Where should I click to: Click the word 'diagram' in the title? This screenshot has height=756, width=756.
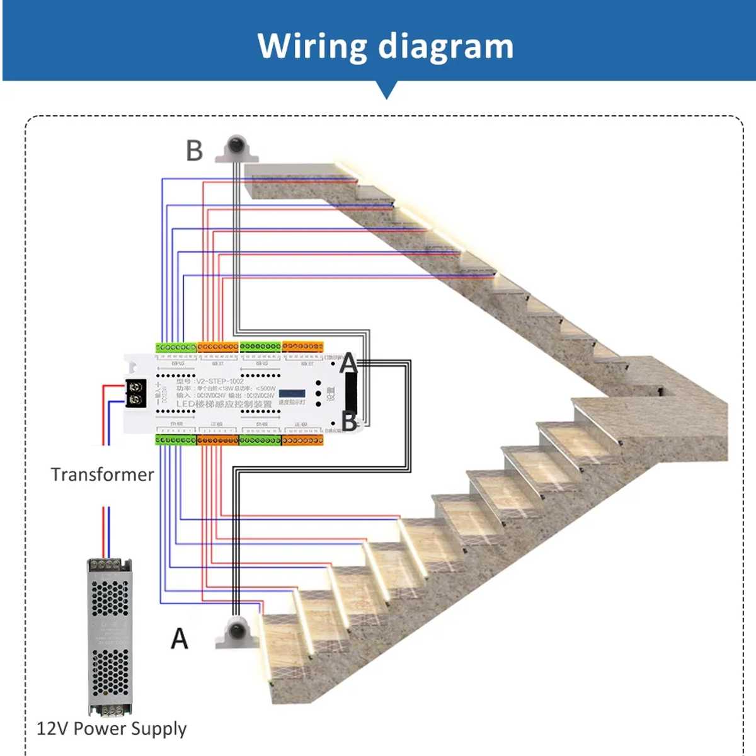(446, 47)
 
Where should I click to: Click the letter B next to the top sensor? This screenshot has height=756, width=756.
(195, 151)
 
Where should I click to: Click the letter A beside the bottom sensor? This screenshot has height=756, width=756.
(180, 639)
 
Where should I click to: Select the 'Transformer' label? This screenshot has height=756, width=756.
(102, 474)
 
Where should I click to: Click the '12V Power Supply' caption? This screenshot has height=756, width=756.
(112, 729)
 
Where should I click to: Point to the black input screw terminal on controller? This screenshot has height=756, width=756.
(135, 392)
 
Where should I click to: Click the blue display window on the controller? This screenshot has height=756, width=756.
(292, 393)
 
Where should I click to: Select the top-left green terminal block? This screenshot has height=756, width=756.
(176, 347)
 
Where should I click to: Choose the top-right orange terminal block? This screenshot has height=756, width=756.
(302, 346)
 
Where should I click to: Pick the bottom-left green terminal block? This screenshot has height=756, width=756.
(176, 440)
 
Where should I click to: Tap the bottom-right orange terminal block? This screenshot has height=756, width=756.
(302, 440)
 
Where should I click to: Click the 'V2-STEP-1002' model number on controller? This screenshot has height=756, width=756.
(219, 381)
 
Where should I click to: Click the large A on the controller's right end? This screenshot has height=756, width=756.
(348, 364)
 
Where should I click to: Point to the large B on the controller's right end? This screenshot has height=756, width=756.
(349, 421)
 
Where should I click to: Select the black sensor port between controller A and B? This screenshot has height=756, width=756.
(350, 392)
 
